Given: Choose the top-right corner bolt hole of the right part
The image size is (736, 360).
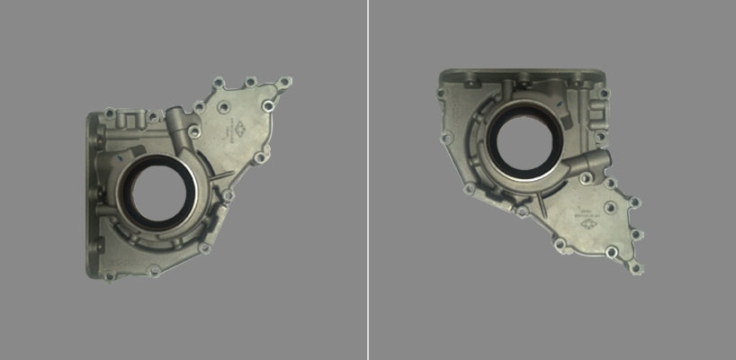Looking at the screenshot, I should [604, 93].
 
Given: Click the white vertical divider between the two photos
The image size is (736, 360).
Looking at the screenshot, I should [368, 180].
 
